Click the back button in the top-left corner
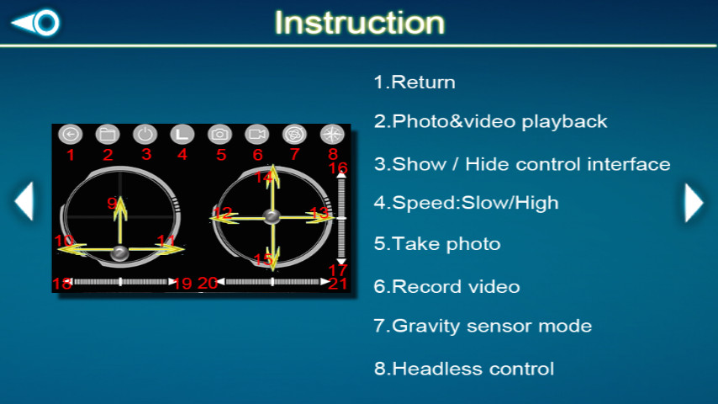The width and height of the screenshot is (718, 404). (35, 22)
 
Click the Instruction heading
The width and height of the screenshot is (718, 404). (360, 23)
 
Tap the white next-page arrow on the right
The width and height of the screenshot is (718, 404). (694, 202)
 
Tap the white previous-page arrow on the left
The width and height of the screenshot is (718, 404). (24, 201)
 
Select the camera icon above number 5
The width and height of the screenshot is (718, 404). (219, 135)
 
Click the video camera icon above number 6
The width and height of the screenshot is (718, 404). (257, 135)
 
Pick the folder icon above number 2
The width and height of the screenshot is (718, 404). (108, 135)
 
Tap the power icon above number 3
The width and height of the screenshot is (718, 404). (145, 135)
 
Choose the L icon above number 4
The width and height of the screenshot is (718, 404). (182, 135)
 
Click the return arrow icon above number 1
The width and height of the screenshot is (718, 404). (70, 135)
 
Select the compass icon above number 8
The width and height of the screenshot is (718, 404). (332, 135)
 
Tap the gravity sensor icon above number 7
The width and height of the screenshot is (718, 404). (294, 135)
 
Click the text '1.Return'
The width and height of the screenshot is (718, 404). (414, 82)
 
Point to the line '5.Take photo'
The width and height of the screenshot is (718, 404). (437, 243)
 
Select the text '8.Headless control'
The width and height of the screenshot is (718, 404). (464, 369)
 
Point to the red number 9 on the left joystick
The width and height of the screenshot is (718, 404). (112, 203)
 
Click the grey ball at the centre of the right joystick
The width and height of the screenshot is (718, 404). (272, 216)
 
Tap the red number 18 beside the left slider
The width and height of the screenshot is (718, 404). (62, 284)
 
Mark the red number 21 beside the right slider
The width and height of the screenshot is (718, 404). (337, 284)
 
